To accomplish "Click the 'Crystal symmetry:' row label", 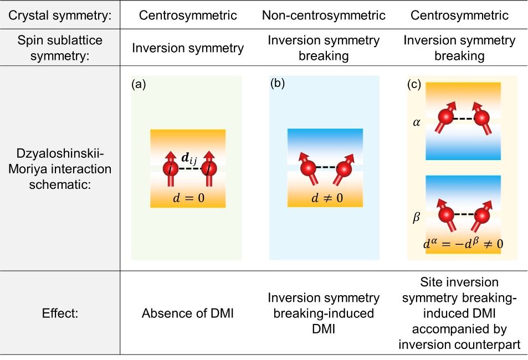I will coord(60,15).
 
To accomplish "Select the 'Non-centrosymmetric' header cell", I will coord(324,15).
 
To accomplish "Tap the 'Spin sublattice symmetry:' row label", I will coord(60,48).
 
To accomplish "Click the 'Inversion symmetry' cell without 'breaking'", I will coord(188,48).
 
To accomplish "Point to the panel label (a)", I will coord(138,85).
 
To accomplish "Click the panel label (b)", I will coord(277,85).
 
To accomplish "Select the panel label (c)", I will coord(414,85).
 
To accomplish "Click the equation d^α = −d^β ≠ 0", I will coord(463,242).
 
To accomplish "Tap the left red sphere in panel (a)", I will coord(170,169).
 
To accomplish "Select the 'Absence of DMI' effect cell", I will coord(188,313).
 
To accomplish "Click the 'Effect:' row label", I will coord(60,313).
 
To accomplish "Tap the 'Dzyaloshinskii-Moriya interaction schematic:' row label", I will coord(60,168).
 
